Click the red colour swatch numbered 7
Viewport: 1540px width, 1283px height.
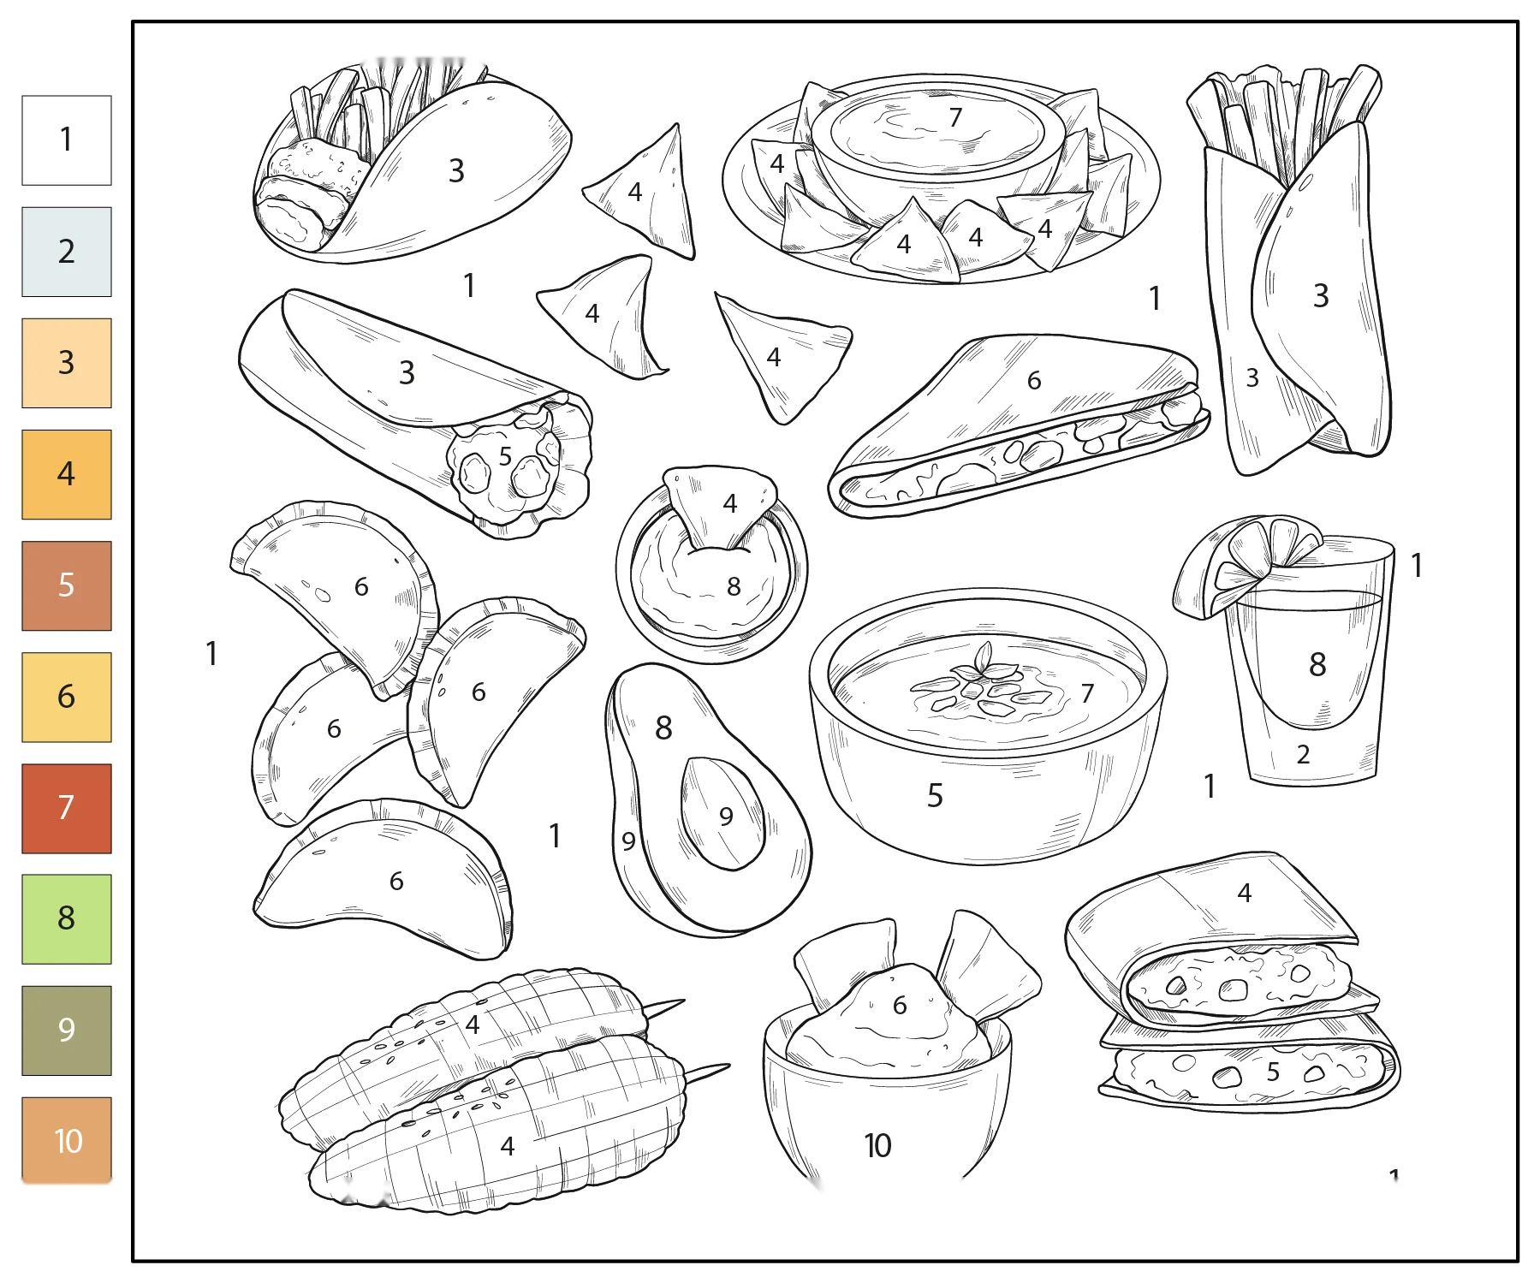[x=67, y=808]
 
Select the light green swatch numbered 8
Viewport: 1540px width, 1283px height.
[x=67, y=918]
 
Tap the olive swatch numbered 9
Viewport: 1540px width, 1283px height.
[x=67, y=1030]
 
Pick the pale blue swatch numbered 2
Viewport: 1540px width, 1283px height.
[x=67, y=252]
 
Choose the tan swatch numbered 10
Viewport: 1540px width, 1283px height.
[x=67, y=1140]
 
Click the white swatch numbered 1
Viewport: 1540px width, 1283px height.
[x=67, y=140]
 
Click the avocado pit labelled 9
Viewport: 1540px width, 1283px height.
[x=722, y=813]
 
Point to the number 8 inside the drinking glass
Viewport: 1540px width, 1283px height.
[x=1317, y=664]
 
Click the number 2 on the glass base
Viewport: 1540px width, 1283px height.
[x=1303, y=754]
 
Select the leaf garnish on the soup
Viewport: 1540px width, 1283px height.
[x=983, y=660]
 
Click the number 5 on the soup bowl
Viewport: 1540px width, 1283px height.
[x=935, y=796]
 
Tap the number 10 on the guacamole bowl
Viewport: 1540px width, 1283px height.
[x=877, y=1145]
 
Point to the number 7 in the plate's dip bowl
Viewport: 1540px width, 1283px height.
[x=955, y=116]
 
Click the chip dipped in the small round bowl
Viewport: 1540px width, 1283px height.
[x=719, y=507]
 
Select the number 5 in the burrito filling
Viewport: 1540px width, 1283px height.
[x=505, y=456]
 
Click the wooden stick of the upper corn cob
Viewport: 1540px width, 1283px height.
[x=664, y=1007]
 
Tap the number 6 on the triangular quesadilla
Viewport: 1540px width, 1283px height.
[x=1034, y=380]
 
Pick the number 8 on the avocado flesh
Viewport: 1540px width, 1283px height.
[x=663, y=728]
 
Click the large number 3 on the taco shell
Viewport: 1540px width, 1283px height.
[x=456, y=170]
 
